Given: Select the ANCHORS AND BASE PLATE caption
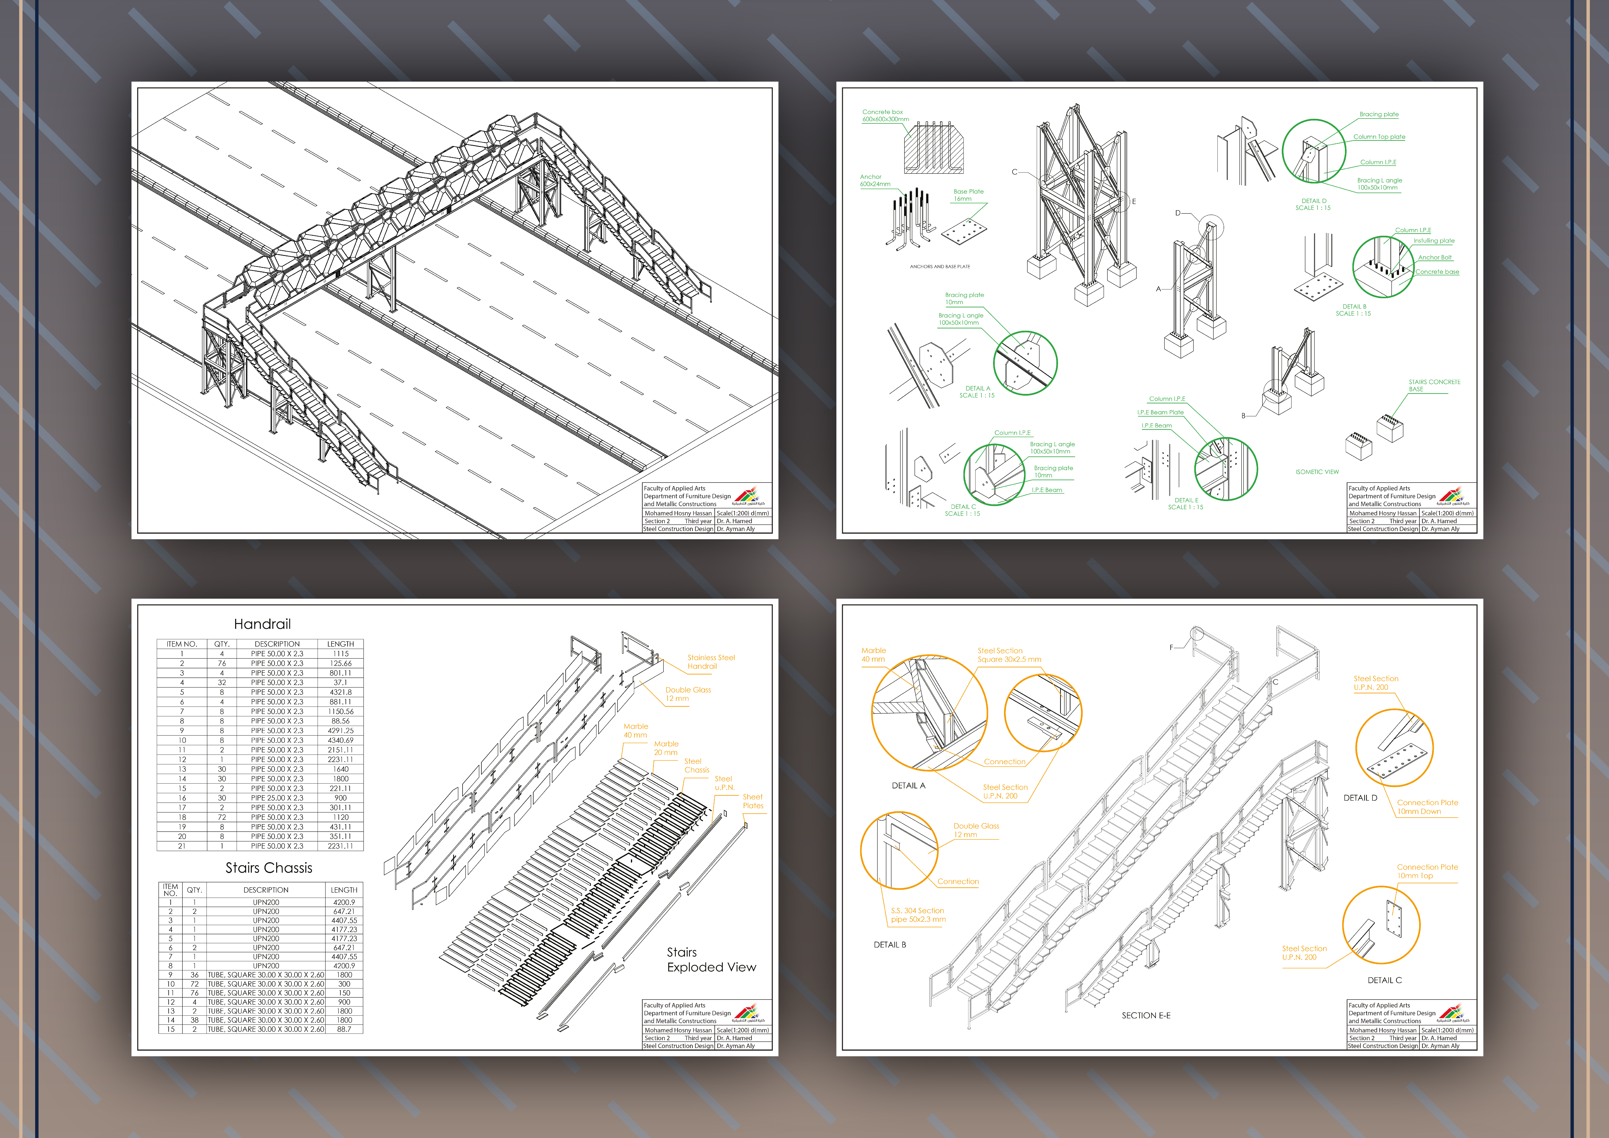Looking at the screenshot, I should click(x=940, y=266).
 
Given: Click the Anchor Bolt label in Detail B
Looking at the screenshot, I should click(x=1434, y=257).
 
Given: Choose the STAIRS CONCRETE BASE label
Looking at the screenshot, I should click(x=1434, y=385).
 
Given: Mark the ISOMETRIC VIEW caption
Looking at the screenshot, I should click(x=1317, y=472).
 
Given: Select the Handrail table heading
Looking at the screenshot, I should click(x=262, y=624).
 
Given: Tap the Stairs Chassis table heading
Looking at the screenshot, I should click(x=268, y=867).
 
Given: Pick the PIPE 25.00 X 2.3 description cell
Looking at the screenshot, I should click(x=277, y=797).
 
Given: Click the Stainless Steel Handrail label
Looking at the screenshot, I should click(x=711, y=661).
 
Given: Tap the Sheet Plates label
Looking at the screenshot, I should click(x=753, y=801).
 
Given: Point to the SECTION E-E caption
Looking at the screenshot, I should click(x=1146, y=1015).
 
